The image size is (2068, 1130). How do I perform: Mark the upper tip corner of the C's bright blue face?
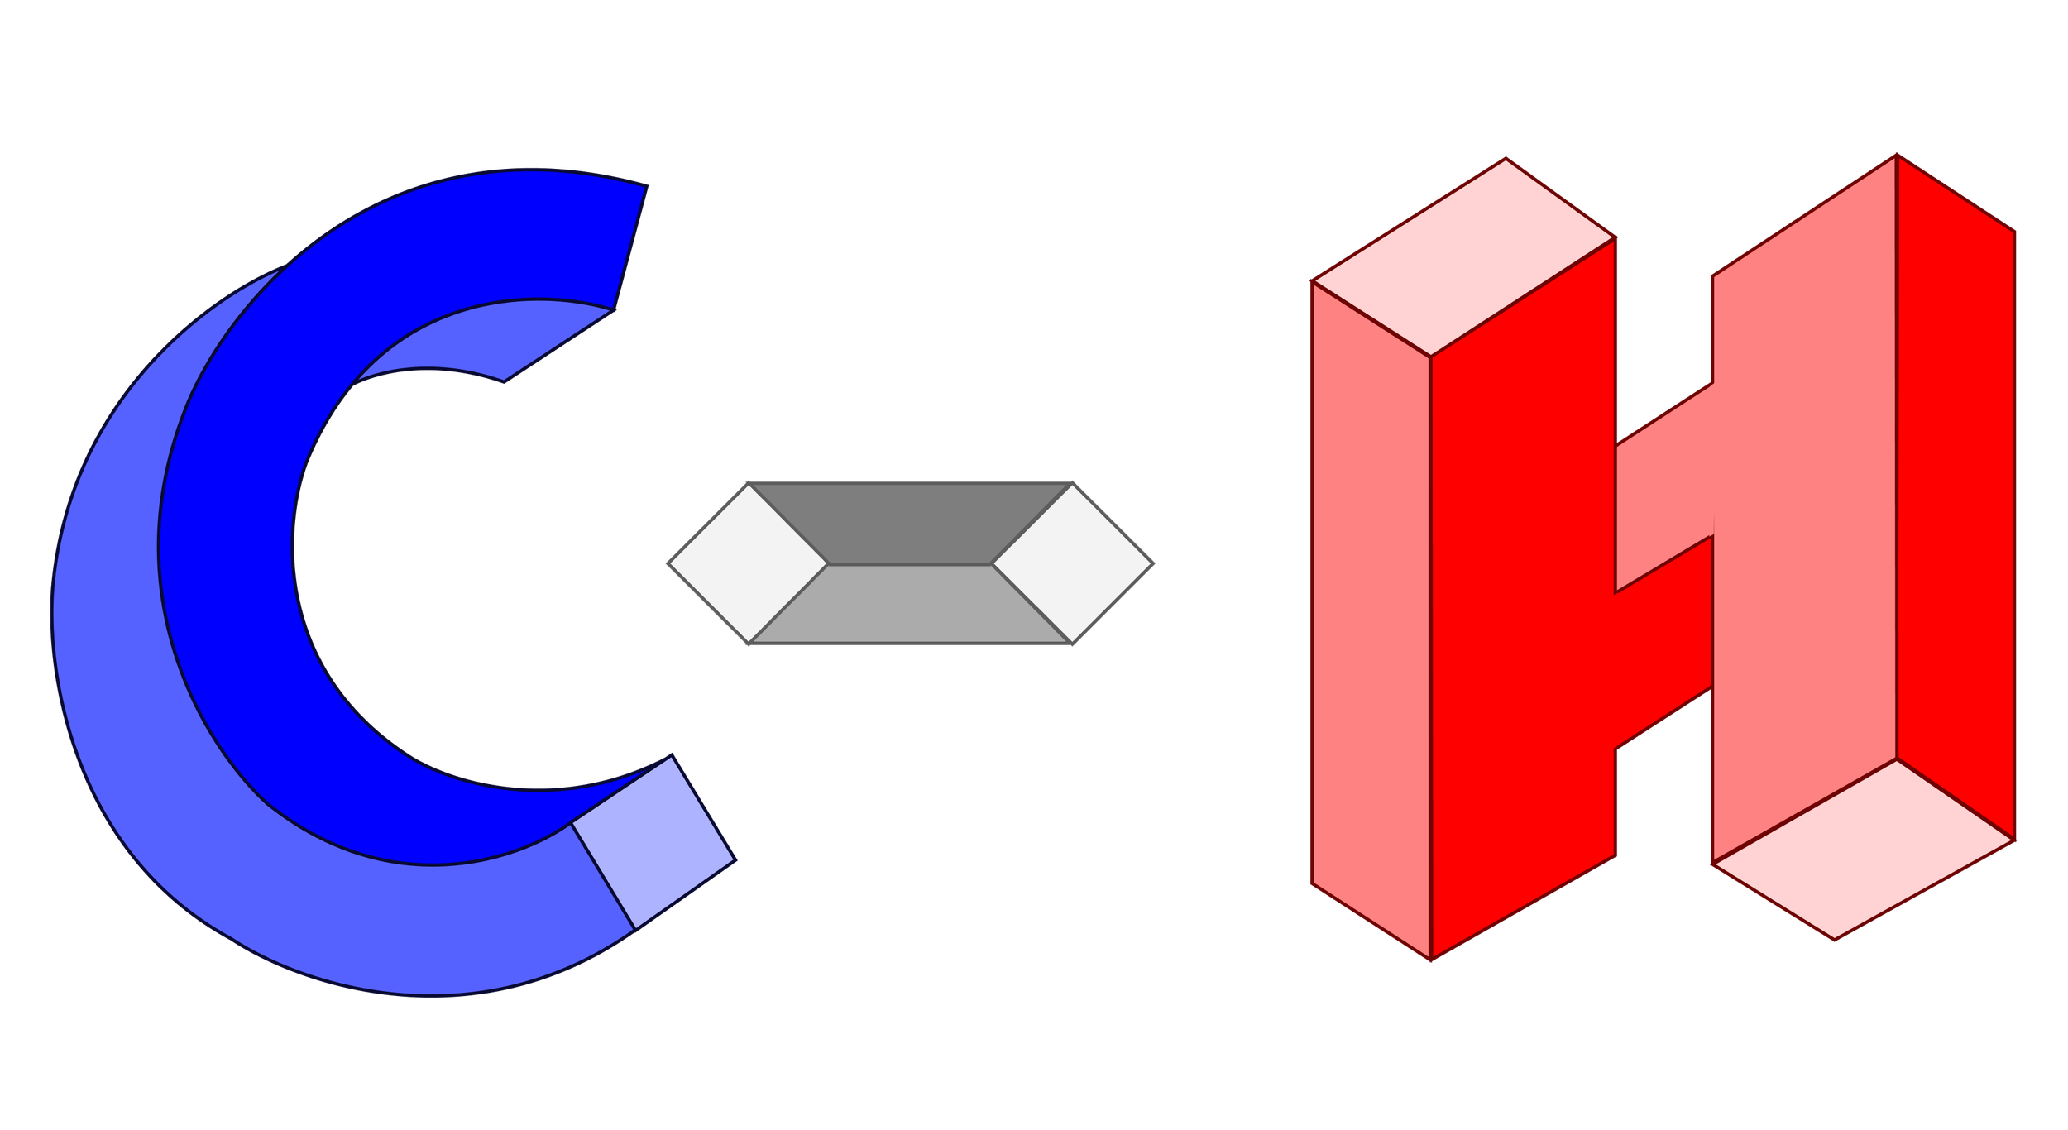pyautogui.click(x=645, y=186)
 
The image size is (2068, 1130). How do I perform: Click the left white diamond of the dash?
pyautogui.click(x=747, y=563)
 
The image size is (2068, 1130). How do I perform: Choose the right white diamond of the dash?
pyautogui.click(x=1073, y=563)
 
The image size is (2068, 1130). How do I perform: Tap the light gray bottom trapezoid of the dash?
pyautogui.click(x=910, y=604)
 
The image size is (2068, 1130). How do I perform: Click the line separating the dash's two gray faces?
pyautogui.click(x=910, y=565)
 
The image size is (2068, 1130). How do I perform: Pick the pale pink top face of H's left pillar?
pyautogui.click(x=1464, y=256)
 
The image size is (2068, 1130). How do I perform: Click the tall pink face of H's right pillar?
pyautogui.click(x=1803, y=538)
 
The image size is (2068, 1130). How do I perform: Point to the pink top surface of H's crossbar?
pyautogui.click(x=1663, y=496)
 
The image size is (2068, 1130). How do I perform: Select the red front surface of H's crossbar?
pyautogui.click(x=1663, y=645)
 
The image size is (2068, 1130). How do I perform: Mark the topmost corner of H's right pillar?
pyautogui.click(x=1897, y=155)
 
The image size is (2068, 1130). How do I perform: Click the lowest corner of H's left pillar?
pyautogui.click(x=1431, y=960)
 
